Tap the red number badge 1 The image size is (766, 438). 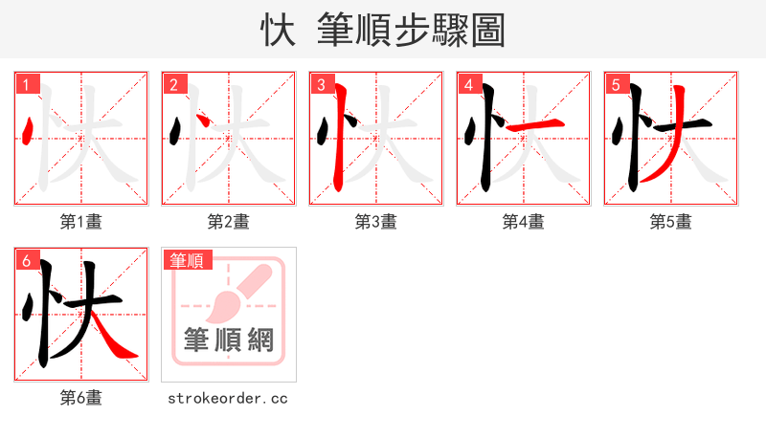click(x=26, y=84)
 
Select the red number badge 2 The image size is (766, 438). click(x=173, y=84)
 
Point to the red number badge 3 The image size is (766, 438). click(x=321, y=84)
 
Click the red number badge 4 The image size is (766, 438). click(x=468, y=84)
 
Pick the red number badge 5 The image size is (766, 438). click(x=616, y=84)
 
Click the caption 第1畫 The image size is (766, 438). click(x=81, y=222)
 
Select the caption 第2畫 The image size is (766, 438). click(x=229, y=222)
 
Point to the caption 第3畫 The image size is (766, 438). click(x=376, y=222)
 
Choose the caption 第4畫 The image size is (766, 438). click(x=524, y=222)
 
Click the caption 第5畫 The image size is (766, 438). click(x=671, y=222)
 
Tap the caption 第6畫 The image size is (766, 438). click(x=81, y=398)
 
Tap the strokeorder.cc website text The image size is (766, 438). click(x=228, y=398)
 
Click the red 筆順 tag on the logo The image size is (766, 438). click(x=187, y=260)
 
